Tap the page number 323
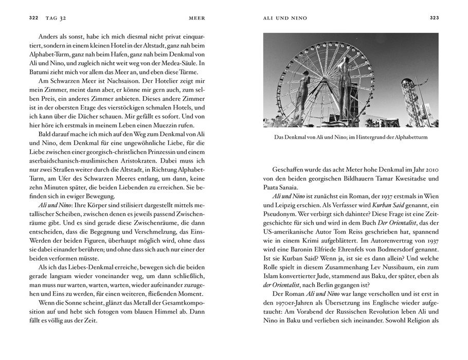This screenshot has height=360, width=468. pos(434,18)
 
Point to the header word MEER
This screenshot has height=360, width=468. pos(197,18)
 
